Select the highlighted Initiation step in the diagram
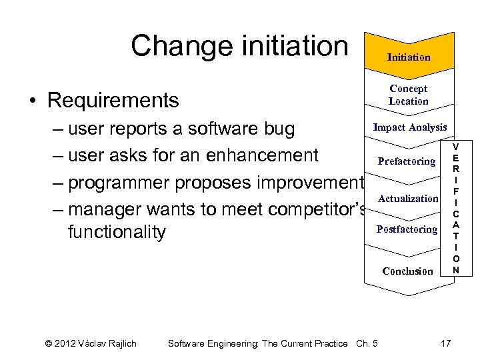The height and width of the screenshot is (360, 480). (409, 57)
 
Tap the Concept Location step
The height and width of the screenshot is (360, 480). (409, 95)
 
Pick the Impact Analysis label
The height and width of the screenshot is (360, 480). (410, 127)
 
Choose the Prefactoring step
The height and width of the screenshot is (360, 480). (407, 161)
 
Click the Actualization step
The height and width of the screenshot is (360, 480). (408, 199)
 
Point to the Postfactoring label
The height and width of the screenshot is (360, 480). (407, 229)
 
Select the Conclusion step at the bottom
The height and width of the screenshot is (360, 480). (407, 271)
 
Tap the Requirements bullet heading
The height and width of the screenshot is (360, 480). (113, 101)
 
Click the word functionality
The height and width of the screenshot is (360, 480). (117, 233)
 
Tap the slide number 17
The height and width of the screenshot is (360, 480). (445, 343)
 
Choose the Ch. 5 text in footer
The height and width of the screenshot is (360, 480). (367, 343)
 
